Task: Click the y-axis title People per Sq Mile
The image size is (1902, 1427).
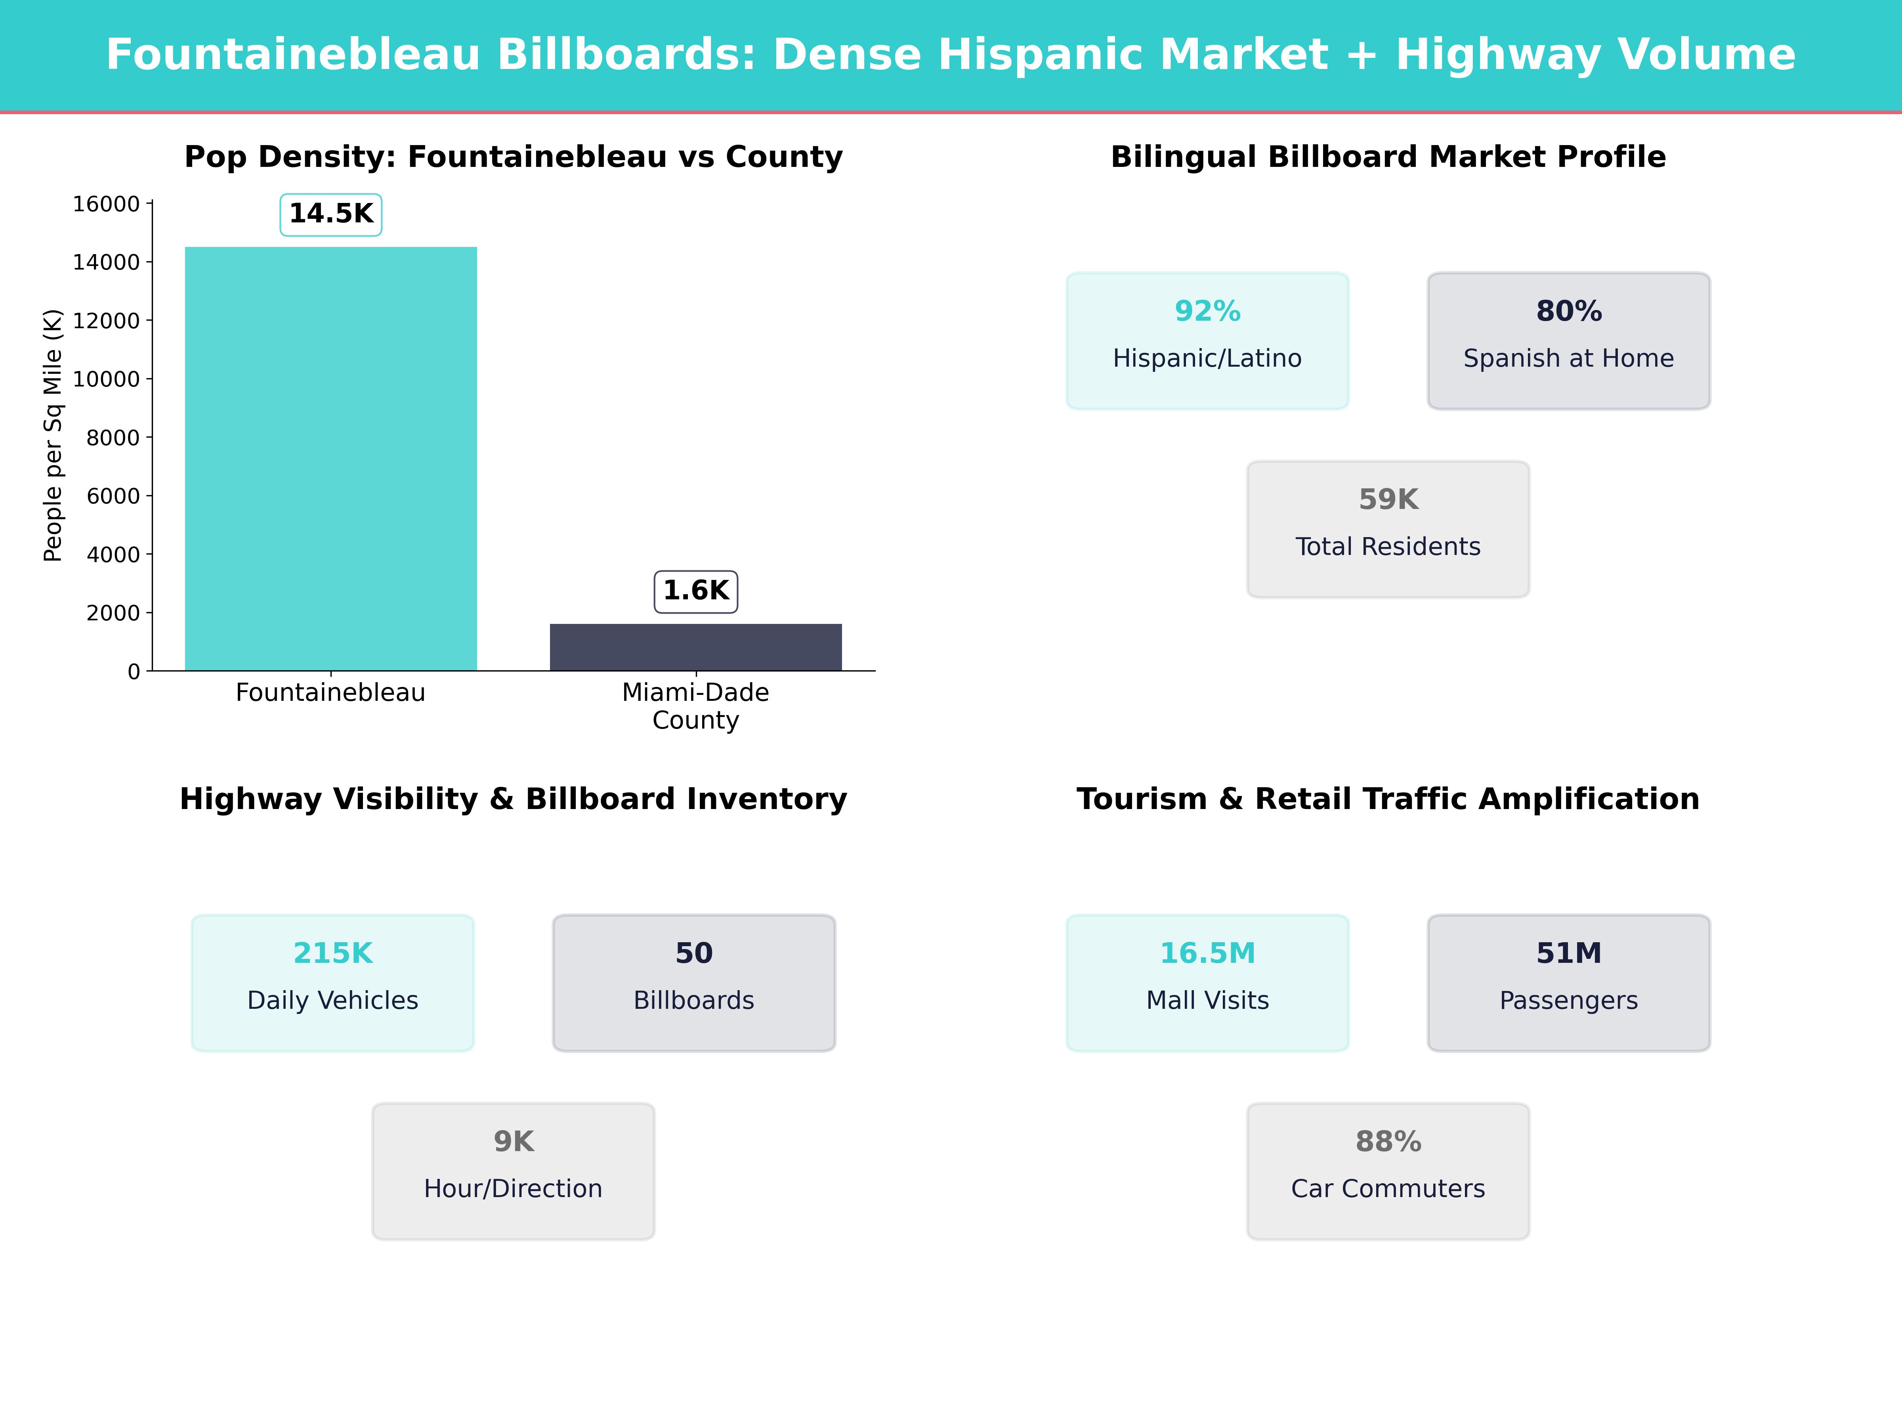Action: click(53, 435)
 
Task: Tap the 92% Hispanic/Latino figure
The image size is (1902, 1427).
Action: click(1207, 312)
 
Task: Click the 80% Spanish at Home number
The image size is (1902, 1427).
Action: click(1568, 312)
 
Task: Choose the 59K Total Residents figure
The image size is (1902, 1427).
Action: click(1388, 500)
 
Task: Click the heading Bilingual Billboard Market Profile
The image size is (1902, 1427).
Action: click(1388, 157)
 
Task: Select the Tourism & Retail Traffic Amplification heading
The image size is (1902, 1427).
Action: click(1388, 799)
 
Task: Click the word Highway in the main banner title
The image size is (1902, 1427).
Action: click(1497, 55)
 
